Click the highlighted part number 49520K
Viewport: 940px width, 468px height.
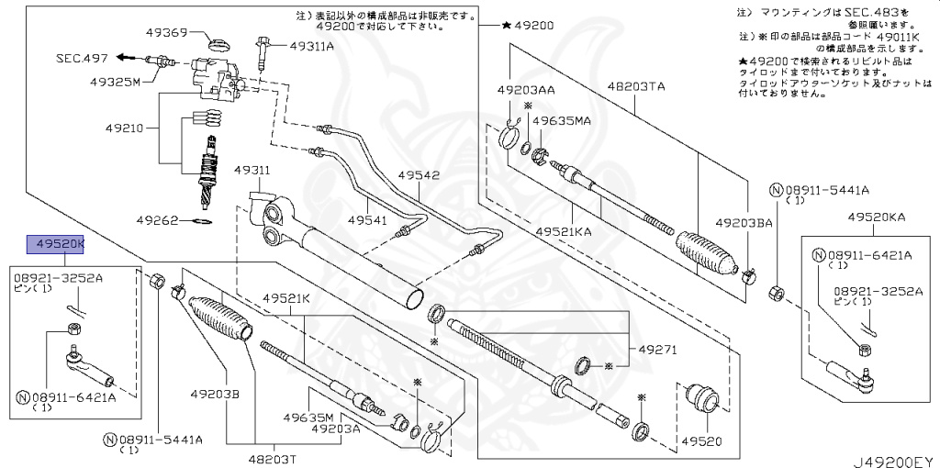pyautogui.click(x=57, y=244)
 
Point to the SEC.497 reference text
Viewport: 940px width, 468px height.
pyautogui.click(x=82, y=58)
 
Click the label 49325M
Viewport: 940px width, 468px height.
pyautogui.click(x=115, y=82)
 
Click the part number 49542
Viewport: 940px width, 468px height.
pyautogui.click(x=419, y=175)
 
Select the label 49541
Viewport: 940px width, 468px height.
pyautogui.click(x=368, y=219)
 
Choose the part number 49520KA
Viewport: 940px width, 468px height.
pyautogui.click(x=876, y=217)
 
